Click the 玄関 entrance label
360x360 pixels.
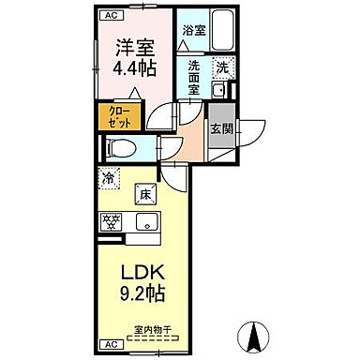pos(220,130)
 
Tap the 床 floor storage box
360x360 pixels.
pos(145,195)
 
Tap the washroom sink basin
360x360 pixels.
pos(217,91)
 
